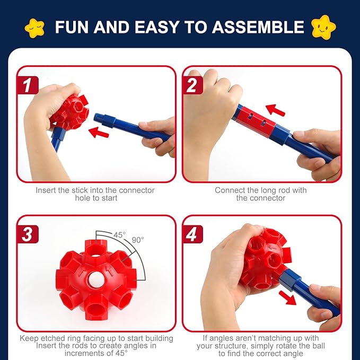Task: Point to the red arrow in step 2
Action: pyautogui.click(x=275, y=110)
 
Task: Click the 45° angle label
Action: pyautogui.click(x=120, y=234)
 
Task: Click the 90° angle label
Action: pyautogui.click(x=138, y=240)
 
